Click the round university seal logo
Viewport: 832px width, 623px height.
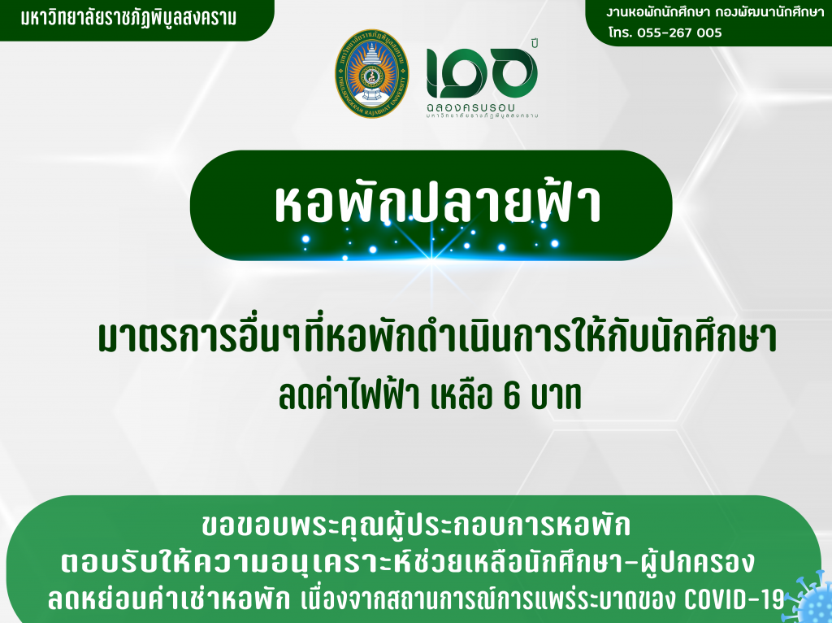pyautogui.click(x=371, y=73)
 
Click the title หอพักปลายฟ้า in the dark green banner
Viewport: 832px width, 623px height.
pyautogui.click(x=438, y=204)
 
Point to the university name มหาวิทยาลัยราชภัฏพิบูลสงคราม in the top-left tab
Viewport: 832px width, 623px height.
pyautogui.click(x=129, y=18)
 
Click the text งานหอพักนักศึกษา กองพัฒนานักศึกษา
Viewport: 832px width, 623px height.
pyautogui.click(x=715, y=12)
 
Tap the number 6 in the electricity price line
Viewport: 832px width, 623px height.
pyautogui.click(x=511, y=396)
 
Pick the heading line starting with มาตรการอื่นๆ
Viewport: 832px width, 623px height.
pyautogui.click(x=438, y=338)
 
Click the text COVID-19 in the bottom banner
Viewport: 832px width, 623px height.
pyautogui.click(x=734, y=599)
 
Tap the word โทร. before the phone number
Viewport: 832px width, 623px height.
pyautogui.click(x=620, y=33)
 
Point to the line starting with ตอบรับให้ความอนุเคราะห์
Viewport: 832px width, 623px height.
pyautogui.click(x=407, y=562)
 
